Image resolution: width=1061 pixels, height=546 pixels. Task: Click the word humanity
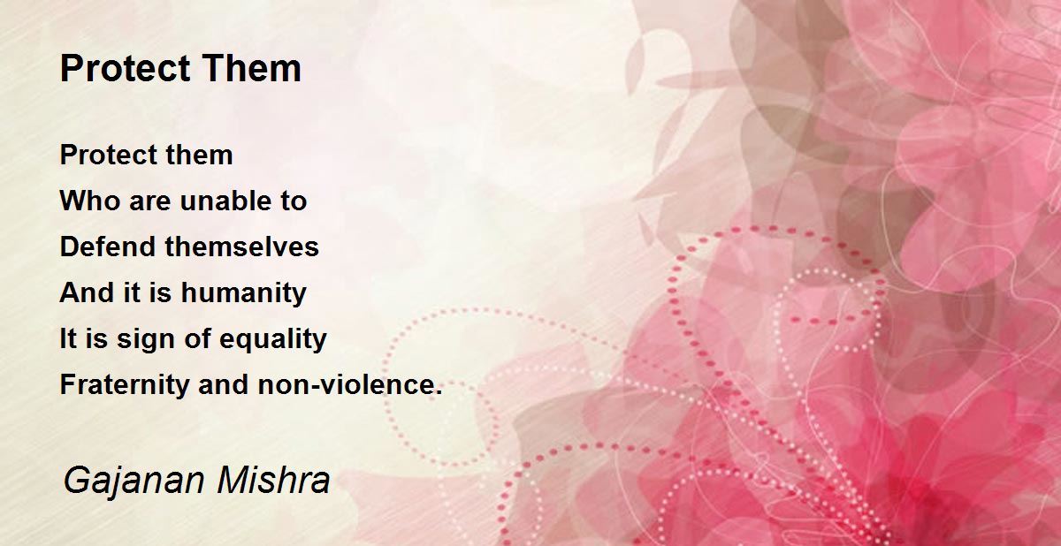coord(244,293)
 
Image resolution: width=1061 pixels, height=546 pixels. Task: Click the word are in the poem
coord(149,201)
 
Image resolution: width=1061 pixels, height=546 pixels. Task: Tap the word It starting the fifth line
coord(68,339)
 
